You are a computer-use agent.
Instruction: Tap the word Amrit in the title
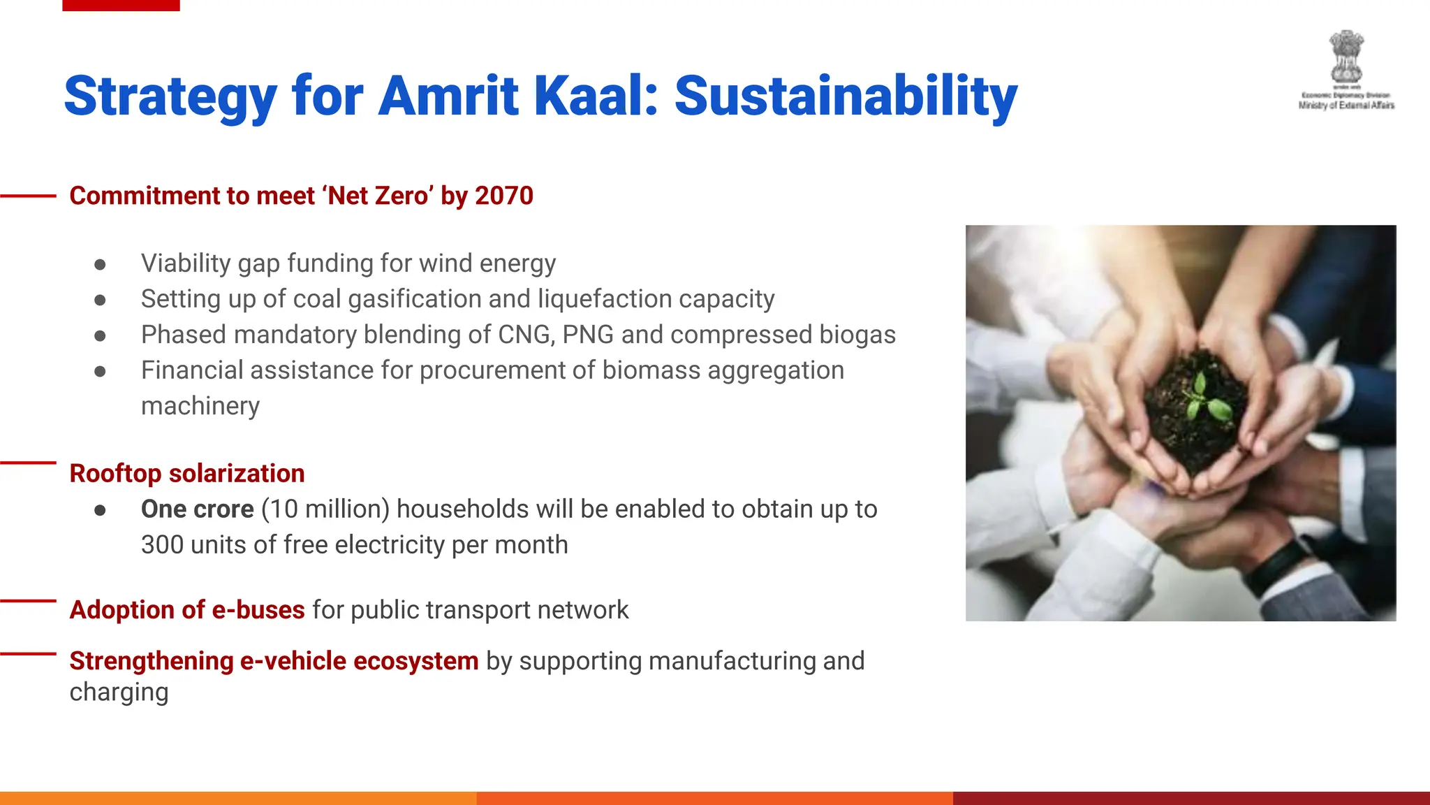pos(448,96)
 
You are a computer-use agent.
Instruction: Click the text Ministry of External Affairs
pos(1346,106)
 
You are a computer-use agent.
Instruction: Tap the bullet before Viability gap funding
pos(100,264)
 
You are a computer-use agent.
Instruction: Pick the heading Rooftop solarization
pos(186,473)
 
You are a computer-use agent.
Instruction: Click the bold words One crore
pos(197,509)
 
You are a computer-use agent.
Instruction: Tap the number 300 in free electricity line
pos(161,544)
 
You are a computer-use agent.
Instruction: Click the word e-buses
pos(258,609)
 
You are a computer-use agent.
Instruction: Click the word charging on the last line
pos(119,692)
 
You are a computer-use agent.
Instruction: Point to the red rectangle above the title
pos(121,5)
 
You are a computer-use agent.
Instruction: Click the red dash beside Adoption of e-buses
pos(28,600)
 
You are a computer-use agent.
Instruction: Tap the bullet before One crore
pos(100,510)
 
